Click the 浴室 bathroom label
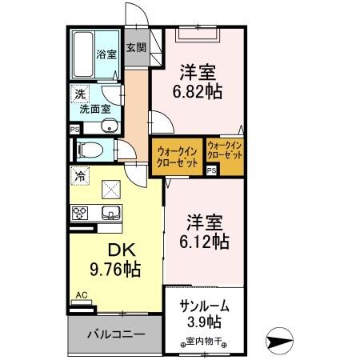(106, 55)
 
